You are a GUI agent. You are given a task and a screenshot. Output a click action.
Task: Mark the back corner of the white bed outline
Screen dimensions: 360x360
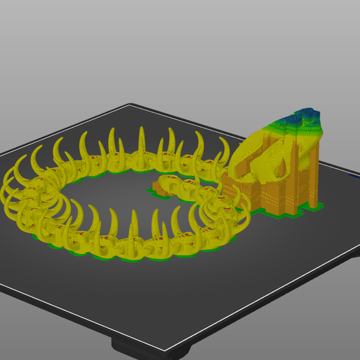click(x=130, y=105)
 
